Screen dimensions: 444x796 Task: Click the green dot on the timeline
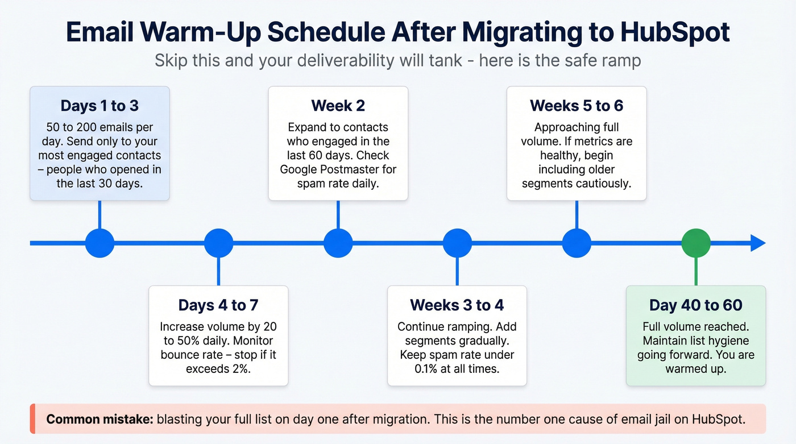pyautogui.click(x=696, y=243)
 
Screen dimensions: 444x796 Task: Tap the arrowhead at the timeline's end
pyautogui.click(x=758, y=243)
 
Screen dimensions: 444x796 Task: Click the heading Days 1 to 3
pyautogui.click(x=100, y=106)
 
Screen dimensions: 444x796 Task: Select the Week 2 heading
pyautogui.click(x=338, y=106)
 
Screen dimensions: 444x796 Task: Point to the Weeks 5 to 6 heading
pyautogui.click(x=577, y=106)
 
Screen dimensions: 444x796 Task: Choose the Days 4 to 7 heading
pyautogui.click(x=218, y=305)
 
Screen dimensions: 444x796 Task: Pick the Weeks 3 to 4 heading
pyautogui.click(x=457, y=305)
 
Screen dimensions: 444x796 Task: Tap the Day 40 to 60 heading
pyautogui.click(x=696, y=305)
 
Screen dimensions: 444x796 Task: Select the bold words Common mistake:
pyautogui.click(x=100, y=420)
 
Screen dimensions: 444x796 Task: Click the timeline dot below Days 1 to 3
pyautogui.click(x=100, y=243)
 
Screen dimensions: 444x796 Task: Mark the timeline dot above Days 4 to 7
pyautogui.click(x=218, y=243)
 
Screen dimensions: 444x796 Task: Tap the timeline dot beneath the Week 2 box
pyautogui.click(x=338, y=243)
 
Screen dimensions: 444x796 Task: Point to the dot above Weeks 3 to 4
pyautogui.click(x=457, y=243)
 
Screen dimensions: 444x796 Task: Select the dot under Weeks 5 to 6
pyautogui.click(x=577, y=243)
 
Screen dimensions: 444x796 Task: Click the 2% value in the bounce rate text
pyautogui.click(x=239, y=369)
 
